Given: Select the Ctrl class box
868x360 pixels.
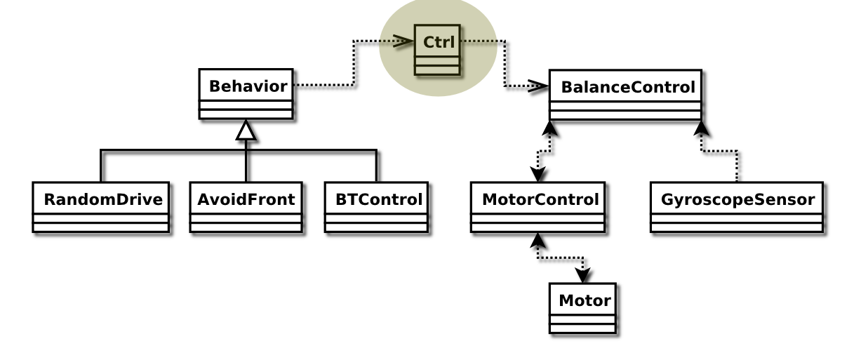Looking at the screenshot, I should (x=437, y=49).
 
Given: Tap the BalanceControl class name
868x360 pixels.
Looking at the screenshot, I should (x=627, y=88).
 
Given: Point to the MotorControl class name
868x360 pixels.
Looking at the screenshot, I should (x=540, y=199).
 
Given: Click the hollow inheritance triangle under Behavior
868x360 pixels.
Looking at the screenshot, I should (x=246, y=130).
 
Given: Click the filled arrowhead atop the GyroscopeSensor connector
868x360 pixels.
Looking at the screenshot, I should (x=700, y=128).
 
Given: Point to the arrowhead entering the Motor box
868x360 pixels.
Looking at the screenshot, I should (x=583, y=276).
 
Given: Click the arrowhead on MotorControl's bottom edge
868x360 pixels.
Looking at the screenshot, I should (x=538, y=240).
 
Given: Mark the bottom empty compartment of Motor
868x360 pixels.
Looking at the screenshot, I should (x=582, y=328).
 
